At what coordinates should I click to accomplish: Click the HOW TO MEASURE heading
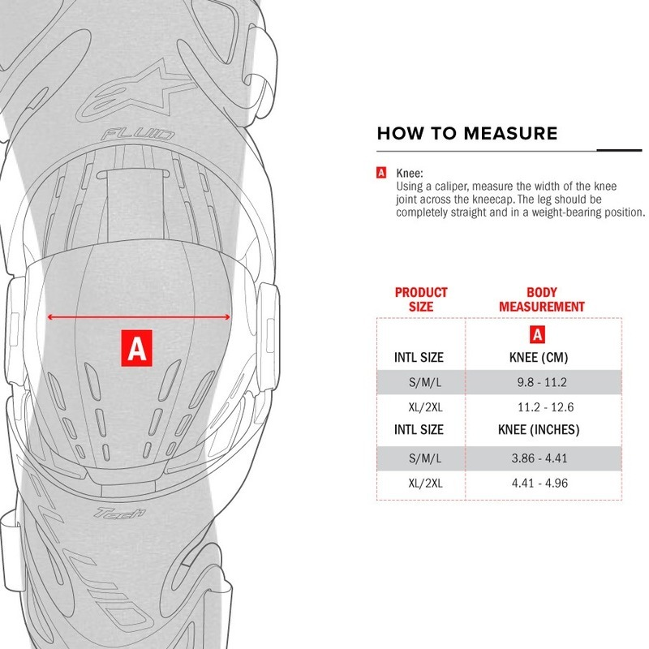[x=466, y=134]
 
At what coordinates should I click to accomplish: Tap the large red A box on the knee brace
[x=137, y=348]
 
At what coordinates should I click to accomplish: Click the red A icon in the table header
[x=536, y=335]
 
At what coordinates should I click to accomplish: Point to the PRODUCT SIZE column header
[x=421, y=299]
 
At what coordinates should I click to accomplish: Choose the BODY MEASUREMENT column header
[x=542, y=299]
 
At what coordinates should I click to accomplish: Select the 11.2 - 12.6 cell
[x=545, y=406]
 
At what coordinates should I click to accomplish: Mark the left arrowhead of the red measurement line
[x=49, y=318]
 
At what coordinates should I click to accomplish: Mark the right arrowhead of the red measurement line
[x=230, y=318]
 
